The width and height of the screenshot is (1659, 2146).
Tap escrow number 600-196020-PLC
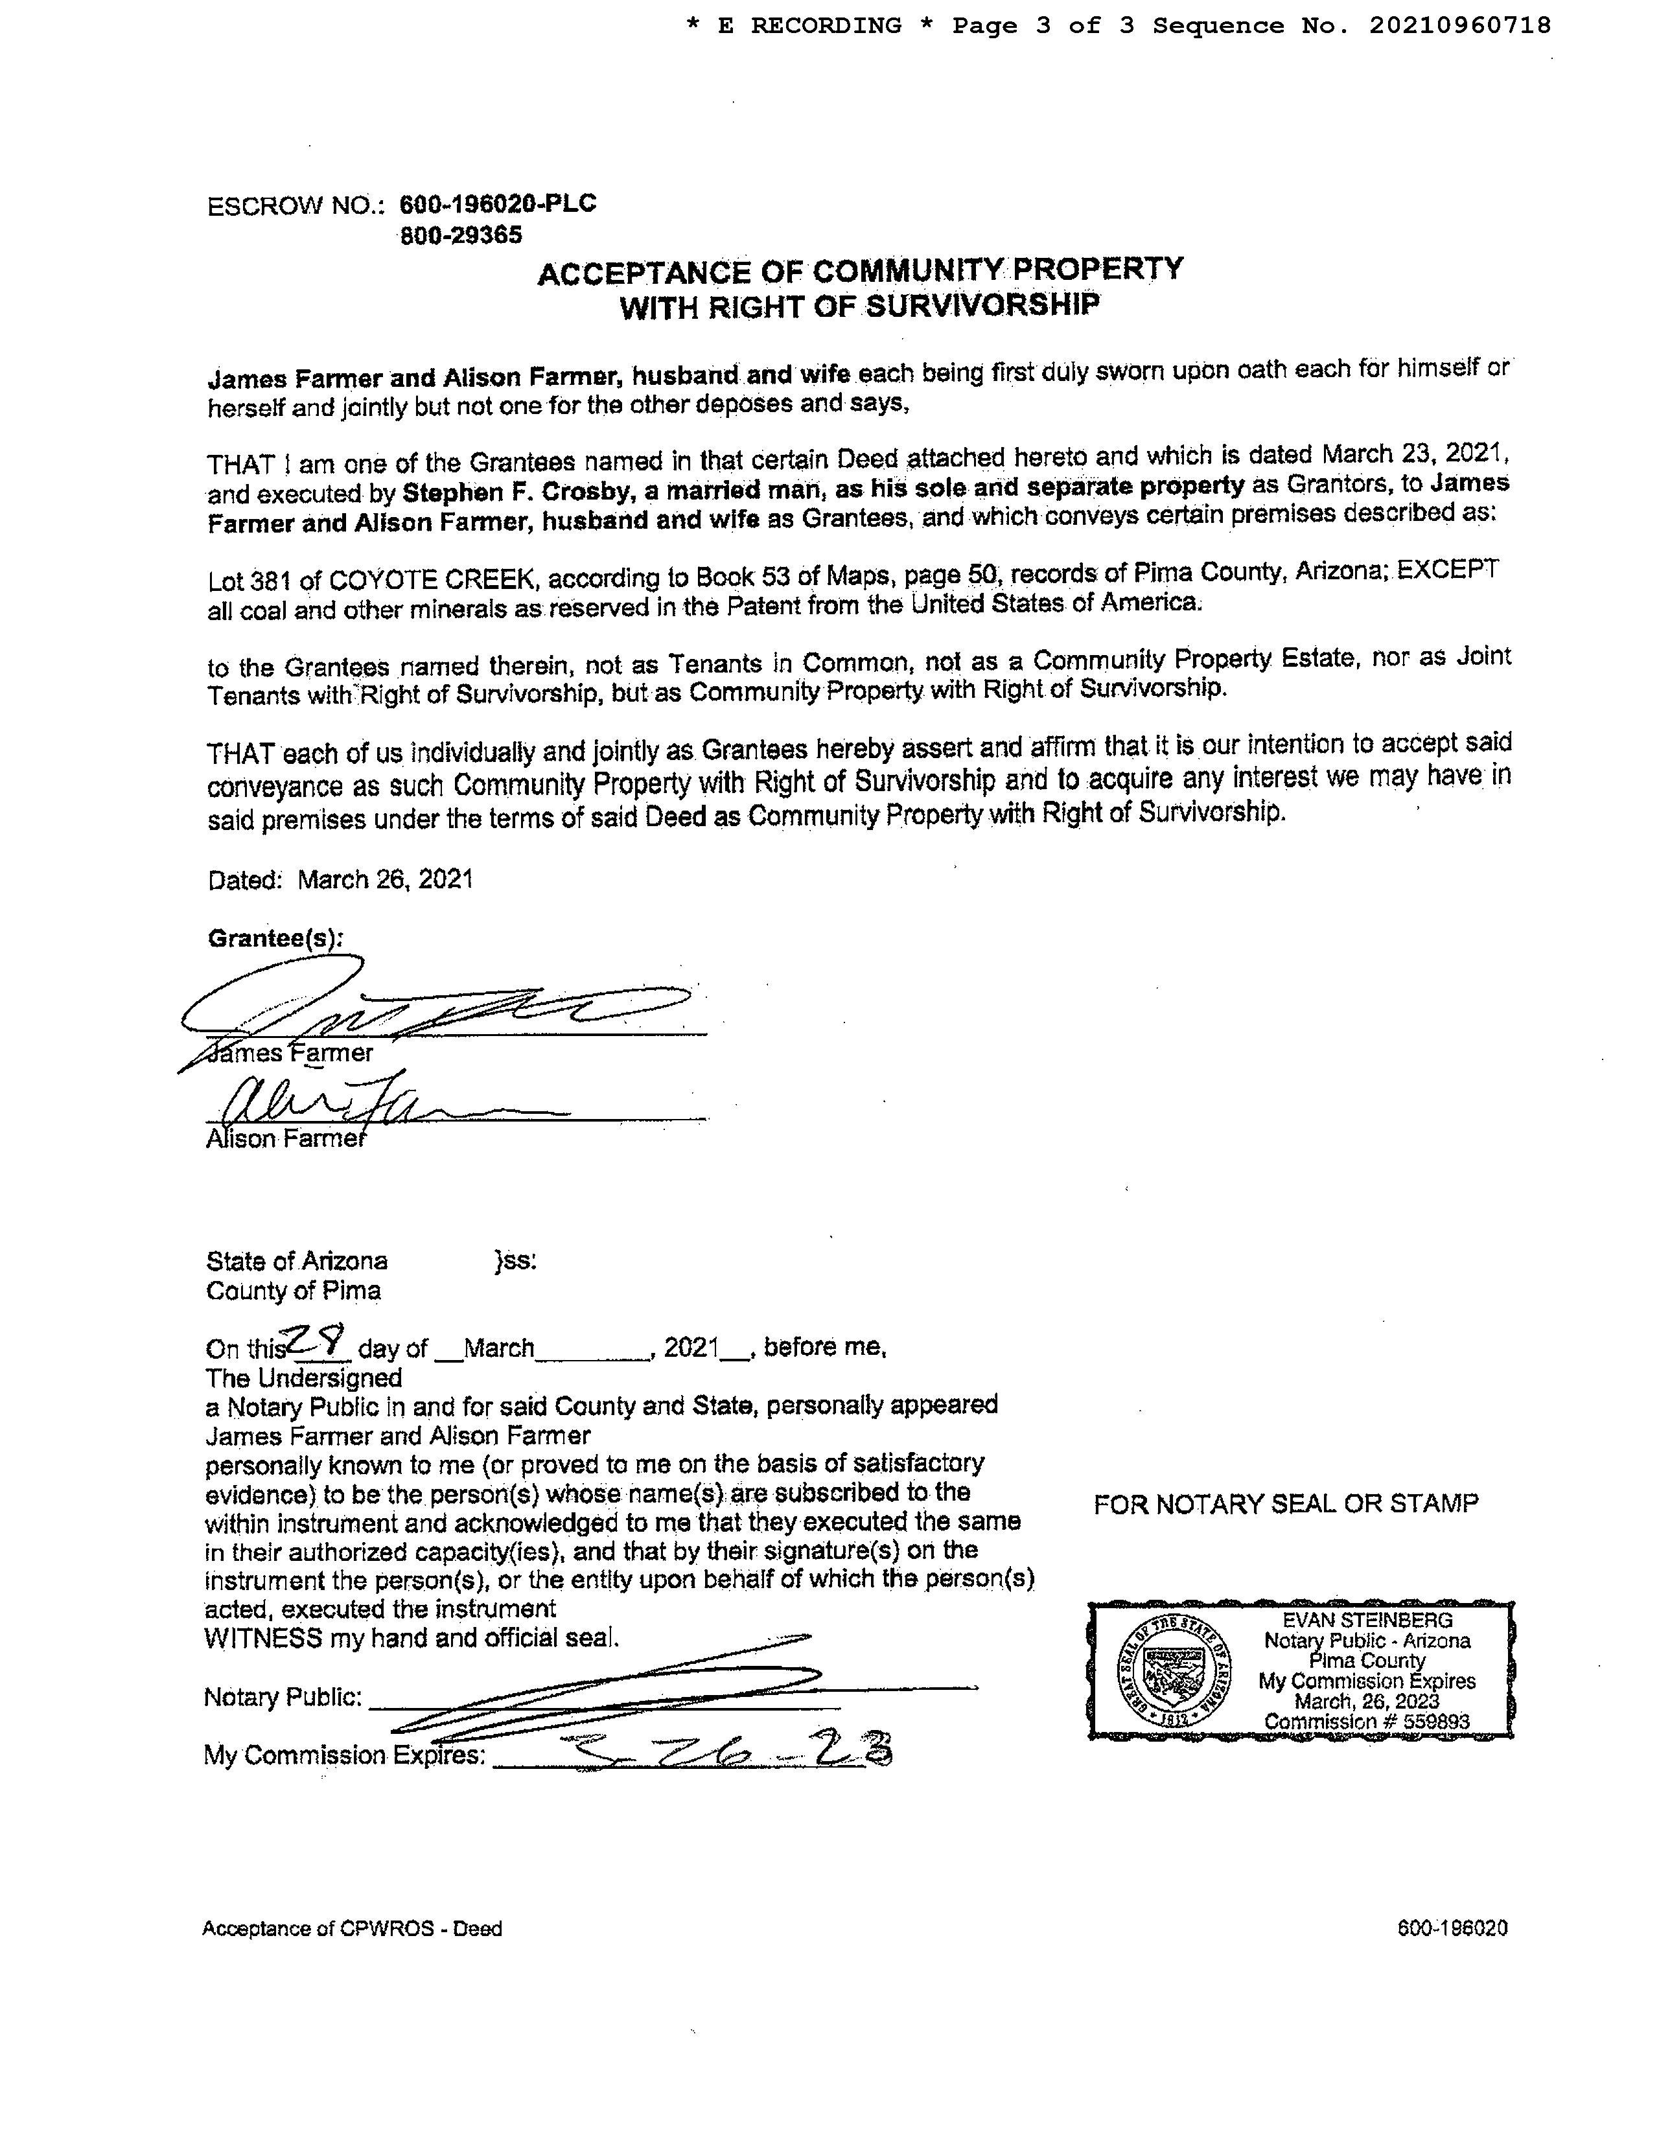pyautogui.click(x=497, y=203)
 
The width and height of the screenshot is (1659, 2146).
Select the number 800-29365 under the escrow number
pyautogui.click(x=461, y=236)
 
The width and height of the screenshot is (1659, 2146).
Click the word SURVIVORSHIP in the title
pyautogui.click(x=981, y=306)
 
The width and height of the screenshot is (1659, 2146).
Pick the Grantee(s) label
pyautogui.click(x=275, y=938)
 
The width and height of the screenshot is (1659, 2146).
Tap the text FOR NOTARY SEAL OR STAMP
pyautogui.click(x=1286, y=1503)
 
